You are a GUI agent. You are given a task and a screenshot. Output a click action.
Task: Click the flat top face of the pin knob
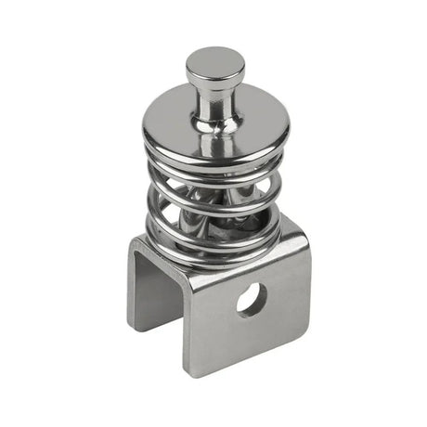click(214, 61)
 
